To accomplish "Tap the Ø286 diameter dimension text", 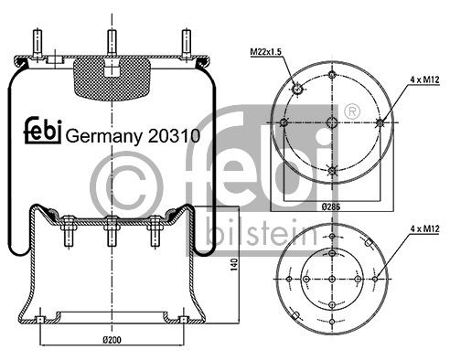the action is tap(331, 206).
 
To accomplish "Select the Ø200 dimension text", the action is tap(112, 340).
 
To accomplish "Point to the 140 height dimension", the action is tap(234, 264).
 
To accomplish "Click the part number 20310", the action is tap(174, 135).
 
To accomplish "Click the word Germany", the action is tap(104, 137).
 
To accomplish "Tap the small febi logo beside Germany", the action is tap(43, 130).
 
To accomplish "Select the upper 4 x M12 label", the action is tap(424, 79).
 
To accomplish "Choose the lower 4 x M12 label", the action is tap(424, 228).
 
